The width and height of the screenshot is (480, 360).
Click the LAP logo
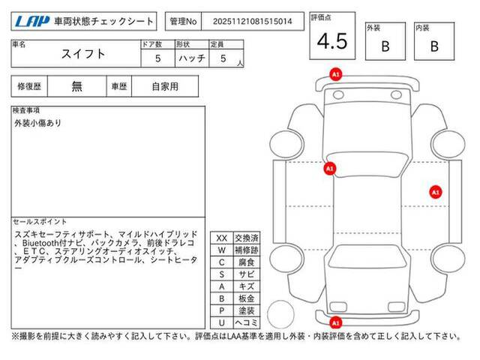tap(32, 21)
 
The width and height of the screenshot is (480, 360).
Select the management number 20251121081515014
tap(253, 22)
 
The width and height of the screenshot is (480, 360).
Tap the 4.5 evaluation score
tap(332, 41)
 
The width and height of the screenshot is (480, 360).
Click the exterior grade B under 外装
tap(385, 46)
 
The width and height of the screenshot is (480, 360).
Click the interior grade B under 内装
tap(434, 46)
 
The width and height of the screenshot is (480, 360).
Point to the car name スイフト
tap(83, 54)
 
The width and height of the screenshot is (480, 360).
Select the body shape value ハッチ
tap(192, 58)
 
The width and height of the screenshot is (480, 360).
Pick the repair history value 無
tap(76, 87)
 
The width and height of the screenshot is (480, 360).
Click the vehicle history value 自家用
tap(165, 87)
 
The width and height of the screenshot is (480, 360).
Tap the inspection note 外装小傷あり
tap(38, 123)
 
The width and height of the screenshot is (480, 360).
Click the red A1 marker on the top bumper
tap(335, 74)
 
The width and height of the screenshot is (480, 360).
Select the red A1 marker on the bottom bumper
tap(335, 322)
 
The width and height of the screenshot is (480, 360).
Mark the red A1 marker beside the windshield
tap(330, 168)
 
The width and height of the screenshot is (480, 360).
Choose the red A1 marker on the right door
tap(435, 192)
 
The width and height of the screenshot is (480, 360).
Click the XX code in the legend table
tap(222, 238)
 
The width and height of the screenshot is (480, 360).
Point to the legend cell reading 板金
tap(247, 298)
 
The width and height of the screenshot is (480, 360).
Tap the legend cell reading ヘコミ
tap(247, 322)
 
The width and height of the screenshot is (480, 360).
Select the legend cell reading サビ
tap(247, 274)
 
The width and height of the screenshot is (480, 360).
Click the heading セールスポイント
tap(40, 222)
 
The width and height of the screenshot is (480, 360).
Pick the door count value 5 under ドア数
tap(157, 58)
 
